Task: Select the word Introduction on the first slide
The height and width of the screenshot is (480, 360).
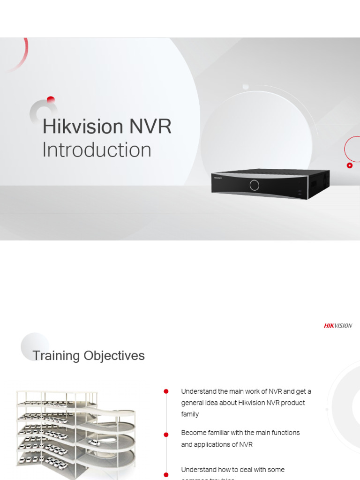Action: point(97,150)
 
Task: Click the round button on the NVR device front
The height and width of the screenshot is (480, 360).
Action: point(255,185)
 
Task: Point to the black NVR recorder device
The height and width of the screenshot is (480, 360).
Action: point(270,184)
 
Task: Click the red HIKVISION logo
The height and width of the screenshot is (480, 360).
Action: point(338,326)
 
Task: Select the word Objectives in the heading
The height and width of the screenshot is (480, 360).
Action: point(114,356)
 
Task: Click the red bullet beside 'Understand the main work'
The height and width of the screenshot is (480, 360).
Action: point(166,391)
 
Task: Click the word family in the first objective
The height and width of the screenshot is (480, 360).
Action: point(190,414)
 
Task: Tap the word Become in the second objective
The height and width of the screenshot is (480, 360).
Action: point(194,433)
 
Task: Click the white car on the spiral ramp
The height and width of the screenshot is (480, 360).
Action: point(94,442)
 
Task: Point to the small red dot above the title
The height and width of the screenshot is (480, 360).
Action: point(51,99)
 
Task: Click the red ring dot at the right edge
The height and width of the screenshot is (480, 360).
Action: point(349,165)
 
